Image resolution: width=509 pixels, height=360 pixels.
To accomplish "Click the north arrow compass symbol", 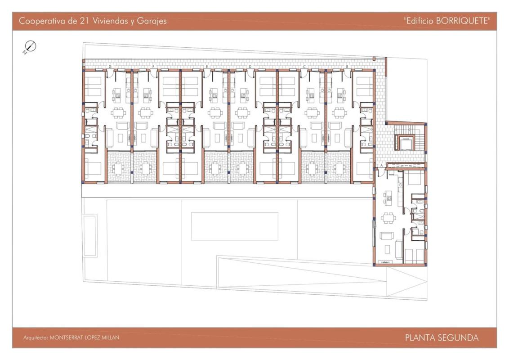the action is (x=30, y=47).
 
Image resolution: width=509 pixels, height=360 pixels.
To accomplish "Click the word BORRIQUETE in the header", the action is (x=462, y=21).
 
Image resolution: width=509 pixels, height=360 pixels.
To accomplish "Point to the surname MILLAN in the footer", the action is (x=110, y=337).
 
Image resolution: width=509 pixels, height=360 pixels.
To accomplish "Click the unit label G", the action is (x=110, y=67).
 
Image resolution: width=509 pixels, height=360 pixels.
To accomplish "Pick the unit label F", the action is (x=153, y=67).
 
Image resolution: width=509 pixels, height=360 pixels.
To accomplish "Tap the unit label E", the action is (x=207, y=67).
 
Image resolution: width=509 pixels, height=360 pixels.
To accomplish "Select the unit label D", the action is (x=250, y=67).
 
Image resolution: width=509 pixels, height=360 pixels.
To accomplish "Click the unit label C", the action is (x=304, y=67).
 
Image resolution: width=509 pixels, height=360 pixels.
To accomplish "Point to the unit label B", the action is (x=347, y=67).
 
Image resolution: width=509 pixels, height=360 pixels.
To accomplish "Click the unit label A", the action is (x=382, y=166).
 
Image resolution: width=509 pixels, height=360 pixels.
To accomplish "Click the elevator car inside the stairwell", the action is (x=405, y=143).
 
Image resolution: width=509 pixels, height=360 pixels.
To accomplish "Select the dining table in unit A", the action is (x=388, y=218).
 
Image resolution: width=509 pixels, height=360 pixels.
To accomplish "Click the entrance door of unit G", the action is (x=110, y=74).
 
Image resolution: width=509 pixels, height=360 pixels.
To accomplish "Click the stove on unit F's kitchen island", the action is (x=146, y=95).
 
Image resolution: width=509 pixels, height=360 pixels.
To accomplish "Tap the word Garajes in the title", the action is (x=152, y=21).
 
